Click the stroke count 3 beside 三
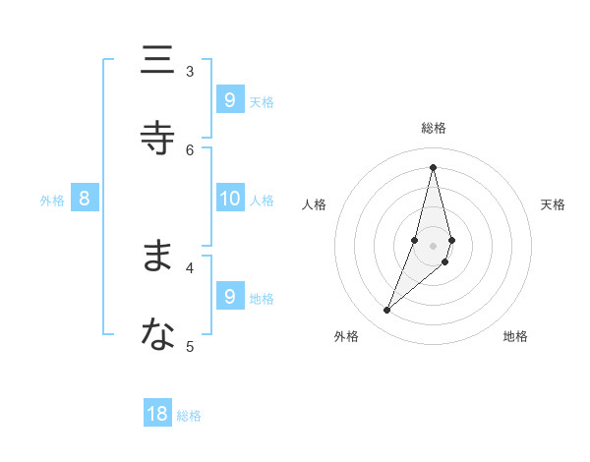[190, 71]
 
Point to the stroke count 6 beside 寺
[190, 149]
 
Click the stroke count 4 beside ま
[190, 266]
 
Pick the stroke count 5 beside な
[190, 345]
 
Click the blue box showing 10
[230, 199]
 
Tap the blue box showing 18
[157, 414]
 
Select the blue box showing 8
[85, 199]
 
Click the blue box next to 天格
[230, 99]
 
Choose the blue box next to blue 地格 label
[230, 296]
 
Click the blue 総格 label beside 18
[189, 416]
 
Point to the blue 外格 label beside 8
[52, 201]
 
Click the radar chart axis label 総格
[434, 128]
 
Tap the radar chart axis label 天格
[554, 204]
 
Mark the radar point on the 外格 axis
[387, 311]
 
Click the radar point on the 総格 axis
[434, 167]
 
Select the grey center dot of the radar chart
[434, 246]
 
